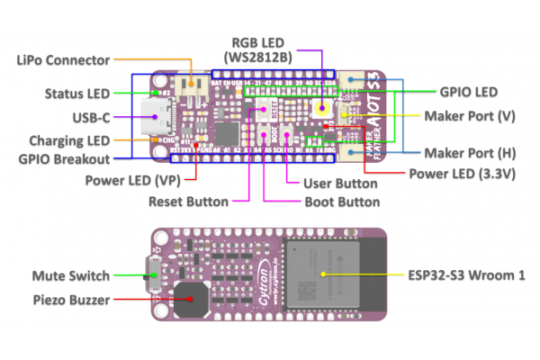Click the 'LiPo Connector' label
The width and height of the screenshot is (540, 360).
coord(63,60)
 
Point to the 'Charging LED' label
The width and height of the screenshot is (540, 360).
coord(68,140)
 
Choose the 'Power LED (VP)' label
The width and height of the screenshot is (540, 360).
coord(130,179)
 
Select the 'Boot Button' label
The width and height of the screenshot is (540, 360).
coord(341,202)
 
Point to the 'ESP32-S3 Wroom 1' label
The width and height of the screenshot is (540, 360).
coord(469,275)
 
